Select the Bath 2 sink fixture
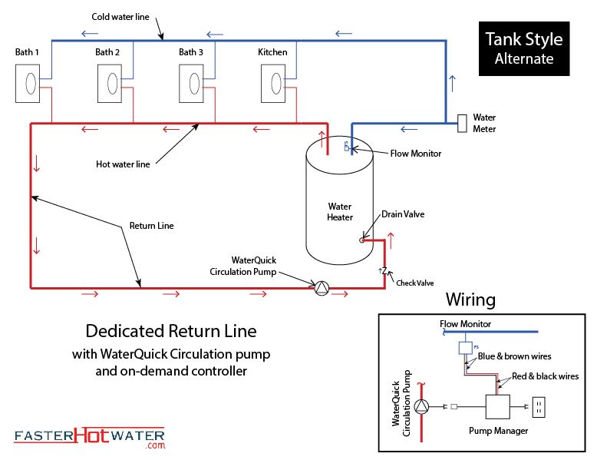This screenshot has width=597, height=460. coord(110,83)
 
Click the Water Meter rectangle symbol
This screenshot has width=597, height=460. coord(463,124)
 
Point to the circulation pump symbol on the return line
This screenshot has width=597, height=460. coord(321,287)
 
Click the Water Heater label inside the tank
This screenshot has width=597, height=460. coord(340,212)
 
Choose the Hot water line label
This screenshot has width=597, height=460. coord(123,164)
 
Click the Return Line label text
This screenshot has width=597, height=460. coord(150,226)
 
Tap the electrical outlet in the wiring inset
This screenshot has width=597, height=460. coord(539,407)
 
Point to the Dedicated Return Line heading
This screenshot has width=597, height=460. coord(170,332)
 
